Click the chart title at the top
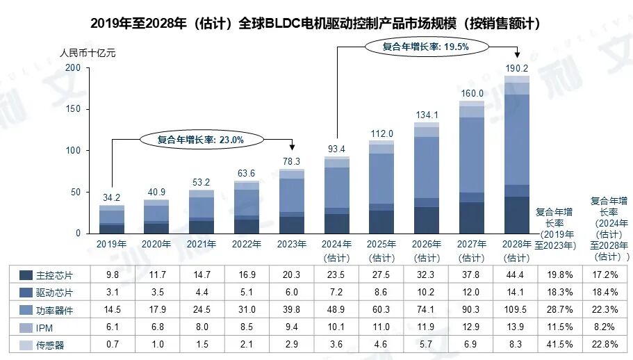[x=316, y=23]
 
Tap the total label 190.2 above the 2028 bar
[x=516, y=68]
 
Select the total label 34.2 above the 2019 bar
[x=111, y=198]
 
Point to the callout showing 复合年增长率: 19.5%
[x=426, y=47]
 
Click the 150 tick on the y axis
[x=74, y=109]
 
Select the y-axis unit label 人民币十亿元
[x=88, y=54]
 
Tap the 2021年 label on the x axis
[x=202, y=244]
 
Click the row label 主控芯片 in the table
[x=56, y=275]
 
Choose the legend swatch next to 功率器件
[x=26, y=308]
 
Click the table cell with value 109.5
[x=516, y=308]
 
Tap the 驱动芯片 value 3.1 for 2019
[x=111, y=291]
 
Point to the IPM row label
[x=47, y=326]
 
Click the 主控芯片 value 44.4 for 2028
[x=516, y=275]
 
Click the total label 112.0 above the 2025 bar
[x=381, y=133]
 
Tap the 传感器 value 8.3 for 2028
[x=516, y=344]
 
